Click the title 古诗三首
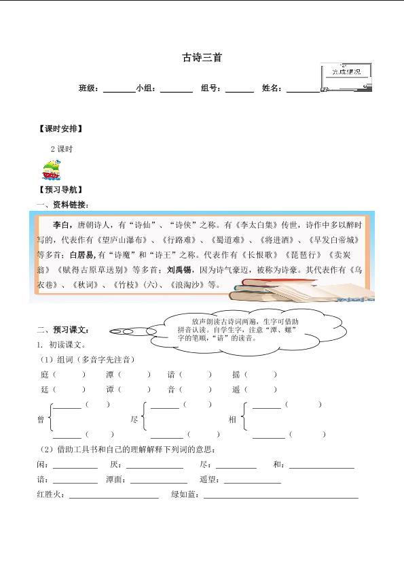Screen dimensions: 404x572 point(202,58)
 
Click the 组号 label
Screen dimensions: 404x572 point(210,88)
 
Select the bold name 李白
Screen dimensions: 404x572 point(61,224)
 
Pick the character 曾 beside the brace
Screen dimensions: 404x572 point(41,420)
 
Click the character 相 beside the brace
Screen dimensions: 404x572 point(232,420)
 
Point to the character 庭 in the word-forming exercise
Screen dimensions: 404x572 point(44,374)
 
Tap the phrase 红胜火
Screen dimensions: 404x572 point(50,494)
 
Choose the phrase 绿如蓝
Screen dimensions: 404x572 point(183,494)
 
